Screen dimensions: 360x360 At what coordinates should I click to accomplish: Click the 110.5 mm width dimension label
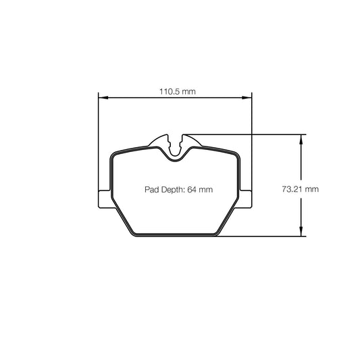(x=178, y=91)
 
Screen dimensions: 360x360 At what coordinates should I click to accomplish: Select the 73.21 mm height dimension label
(x=299, y=190)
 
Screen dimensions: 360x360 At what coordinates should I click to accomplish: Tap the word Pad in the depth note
(x=151, y=190)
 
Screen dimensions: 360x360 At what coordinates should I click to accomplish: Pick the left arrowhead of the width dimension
(x=102, y=99)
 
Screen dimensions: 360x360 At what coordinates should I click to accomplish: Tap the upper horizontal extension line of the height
(x=243, y=134)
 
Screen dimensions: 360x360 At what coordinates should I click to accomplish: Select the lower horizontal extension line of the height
(x=263, y=236)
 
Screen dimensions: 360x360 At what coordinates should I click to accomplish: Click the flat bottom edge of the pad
(x=177, y=236)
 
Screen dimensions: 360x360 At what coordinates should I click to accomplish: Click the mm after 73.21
(x=311, y=190)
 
